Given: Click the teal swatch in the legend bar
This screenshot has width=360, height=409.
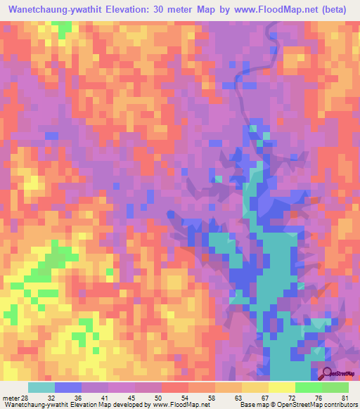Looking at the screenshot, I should (x=41, y=387).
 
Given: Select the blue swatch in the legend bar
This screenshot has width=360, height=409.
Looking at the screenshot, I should (x=67, y=387).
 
